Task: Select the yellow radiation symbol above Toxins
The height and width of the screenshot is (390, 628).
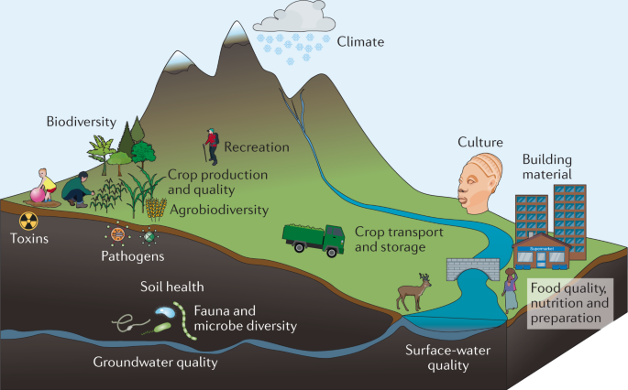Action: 28,220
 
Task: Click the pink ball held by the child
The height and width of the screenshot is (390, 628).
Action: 36,193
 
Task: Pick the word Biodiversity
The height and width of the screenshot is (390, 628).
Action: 82,121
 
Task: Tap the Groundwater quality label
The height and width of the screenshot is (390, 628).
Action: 155,362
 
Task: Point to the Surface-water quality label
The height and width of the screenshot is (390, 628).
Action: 440,357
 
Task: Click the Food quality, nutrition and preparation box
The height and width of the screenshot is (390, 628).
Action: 569,303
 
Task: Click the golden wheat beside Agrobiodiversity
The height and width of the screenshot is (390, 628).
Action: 156,209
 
